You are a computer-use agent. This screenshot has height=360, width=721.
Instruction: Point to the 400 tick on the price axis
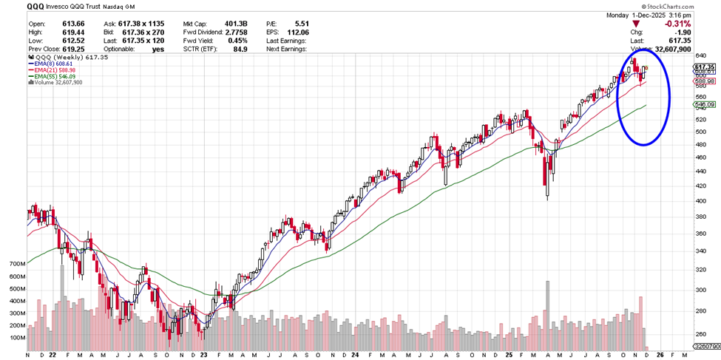[x=700, y=201]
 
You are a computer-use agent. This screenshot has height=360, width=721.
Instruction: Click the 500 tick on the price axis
[x=700, y=132]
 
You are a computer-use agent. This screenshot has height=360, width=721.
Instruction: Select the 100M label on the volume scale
[x=17, y=338]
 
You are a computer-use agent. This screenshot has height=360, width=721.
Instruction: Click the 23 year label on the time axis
[x=204, y=355]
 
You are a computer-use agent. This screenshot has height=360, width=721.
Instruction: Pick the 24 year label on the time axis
[x=356, y=355]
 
